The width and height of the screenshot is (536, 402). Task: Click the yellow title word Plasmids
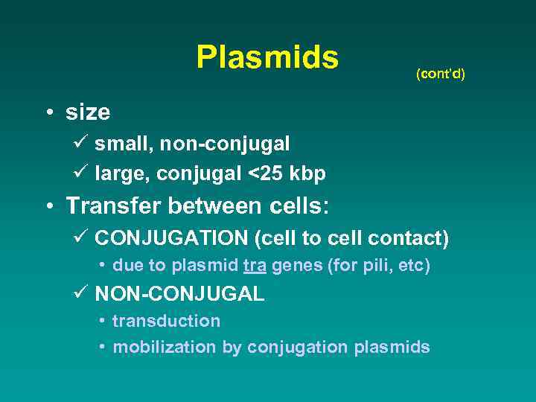(267, 57)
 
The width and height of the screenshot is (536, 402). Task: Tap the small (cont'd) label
(441, 74)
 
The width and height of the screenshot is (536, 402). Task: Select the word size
(88, 112)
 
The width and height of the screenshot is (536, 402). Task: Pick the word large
(118, 173)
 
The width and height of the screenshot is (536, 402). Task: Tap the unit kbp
(308, 173)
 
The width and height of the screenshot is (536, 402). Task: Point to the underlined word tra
(255, 266)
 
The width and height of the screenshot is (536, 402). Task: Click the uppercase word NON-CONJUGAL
(179, 294)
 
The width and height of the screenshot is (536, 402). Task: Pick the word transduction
(166, 321)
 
